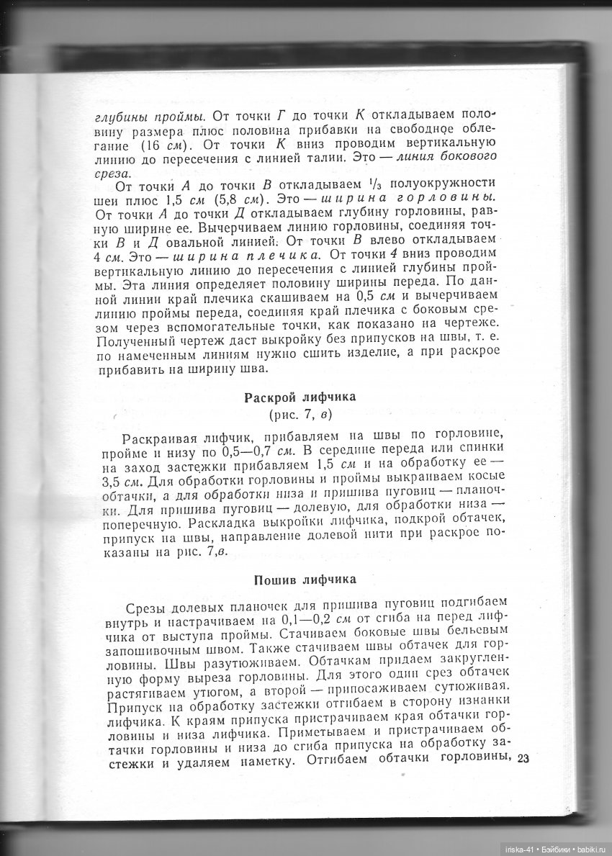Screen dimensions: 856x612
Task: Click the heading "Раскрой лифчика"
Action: pyautogui.click(x=300, y=397)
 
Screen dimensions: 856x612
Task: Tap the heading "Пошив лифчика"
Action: pyautogui.click(x=300, y=580)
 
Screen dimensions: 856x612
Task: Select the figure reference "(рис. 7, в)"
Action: pyautogui.click(x=300, y=415)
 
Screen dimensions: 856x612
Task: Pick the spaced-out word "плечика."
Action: pyautogui.click(x=283, y=254)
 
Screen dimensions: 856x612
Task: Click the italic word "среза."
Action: pyautogui.click(x=113, y=174)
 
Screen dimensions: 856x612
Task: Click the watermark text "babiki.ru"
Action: pyautogui.click(x=590, y=849)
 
